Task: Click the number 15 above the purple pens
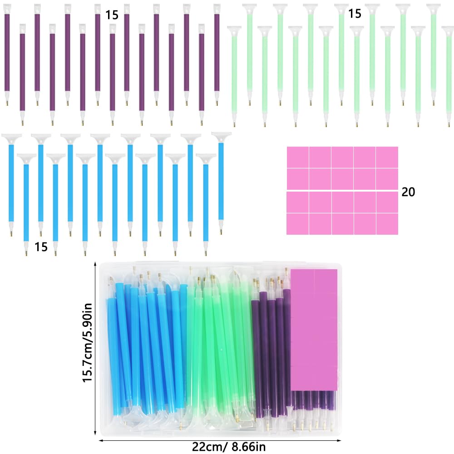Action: point(112,15)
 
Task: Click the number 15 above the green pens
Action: point(355,14)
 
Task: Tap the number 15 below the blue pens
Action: point(41,247)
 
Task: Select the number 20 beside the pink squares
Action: point(408,192)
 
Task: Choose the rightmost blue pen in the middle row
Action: point(221,182)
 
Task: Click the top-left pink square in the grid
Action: point(297,157)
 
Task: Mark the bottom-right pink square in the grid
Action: point(387,224)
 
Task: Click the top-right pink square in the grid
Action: point(387,157)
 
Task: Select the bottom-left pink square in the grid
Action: point(297,224)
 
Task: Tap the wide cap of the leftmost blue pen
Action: point(11,136)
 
